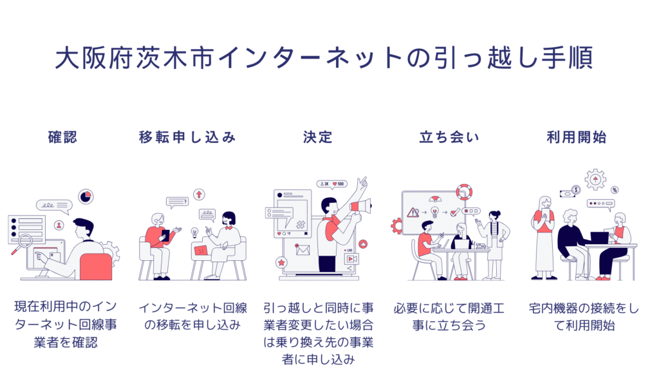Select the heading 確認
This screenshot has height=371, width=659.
tap(62, 137)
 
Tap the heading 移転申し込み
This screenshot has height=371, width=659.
tap(187, 137)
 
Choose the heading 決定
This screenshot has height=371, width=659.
tap(317, 137)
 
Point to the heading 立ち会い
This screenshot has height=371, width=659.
tap(449, 137)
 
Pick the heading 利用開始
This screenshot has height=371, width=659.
tap(576, 137)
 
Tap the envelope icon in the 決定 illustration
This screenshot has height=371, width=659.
tap(303, 249)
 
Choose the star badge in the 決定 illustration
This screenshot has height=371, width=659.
tap(282, 263)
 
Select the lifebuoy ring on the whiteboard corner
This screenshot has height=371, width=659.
tap(463, 192)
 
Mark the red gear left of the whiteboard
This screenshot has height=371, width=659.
tap(396, 225)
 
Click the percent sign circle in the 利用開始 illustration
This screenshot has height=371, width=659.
tap(615, 190)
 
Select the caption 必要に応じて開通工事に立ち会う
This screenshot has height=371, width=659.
tap(449, 317)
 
